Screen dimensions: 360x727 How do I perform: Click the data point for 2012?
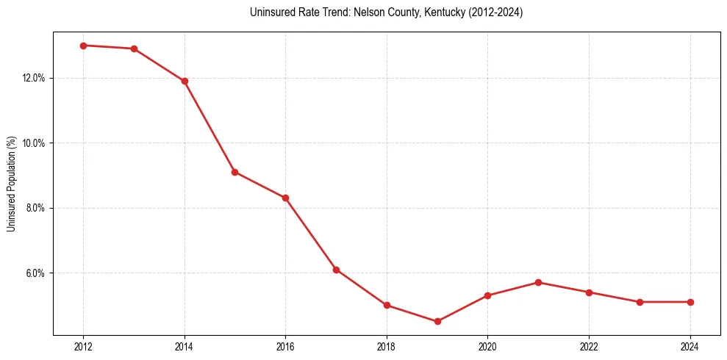83,46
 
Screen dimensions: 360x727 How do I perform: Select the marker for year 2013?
134,48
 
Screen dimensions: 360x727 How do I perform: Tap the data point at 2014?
185,81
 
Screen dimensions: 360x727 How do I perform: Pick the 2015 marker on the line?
234,172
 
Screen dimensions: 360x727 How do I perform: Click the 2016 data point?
285,198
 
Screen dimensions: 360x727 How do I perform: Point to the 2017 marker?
336,270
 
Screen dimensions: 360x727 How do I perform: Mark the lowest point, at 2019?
437,321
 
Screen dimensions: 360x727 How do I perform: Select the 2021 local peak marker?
538,282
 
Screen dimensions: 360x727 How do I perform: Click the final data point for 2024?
690,302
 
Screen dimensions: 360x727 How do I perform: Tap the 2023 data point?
640,302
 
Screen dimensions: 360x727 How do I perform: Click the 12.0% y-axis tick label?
34,78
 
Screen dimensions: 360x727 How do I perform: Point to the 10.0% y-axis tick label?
34,143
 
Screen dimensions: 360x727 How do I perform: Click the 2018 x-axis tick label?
387,347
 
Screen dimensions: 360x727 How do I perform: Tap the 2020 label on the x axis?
487,347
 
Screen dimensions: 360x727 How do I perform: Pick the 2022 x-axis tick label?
589,347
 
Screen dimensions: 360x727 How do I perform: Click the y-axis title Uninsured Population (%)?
11,184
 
